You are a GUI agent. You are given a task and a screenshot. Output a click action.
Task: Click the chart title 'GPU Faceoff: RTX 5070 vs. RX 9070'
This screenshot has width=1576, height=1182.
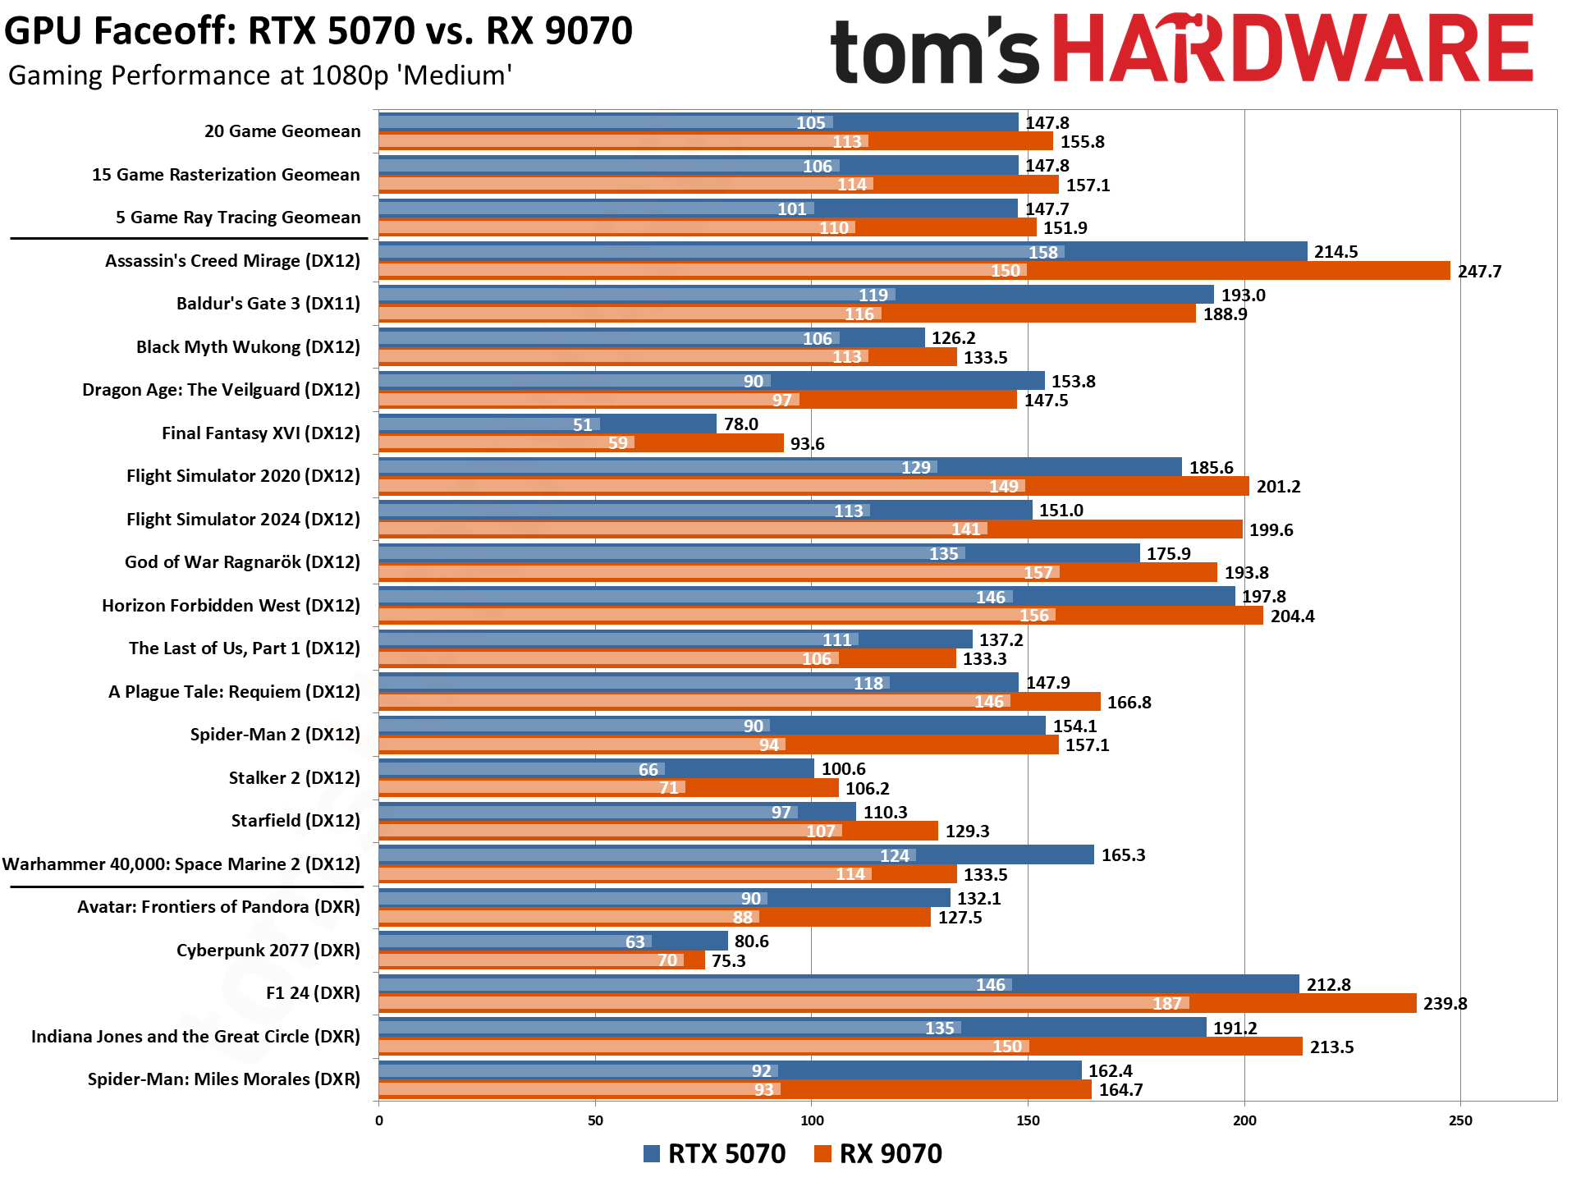[318, 31]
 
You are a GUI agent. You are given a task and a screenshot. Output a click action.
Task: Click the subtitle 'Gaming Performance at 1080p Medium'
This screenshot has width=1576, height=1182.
[260, 76]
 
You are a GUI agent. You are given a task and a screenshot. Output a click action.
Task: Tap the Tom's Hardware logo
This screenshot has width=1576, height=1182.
[1181, 49]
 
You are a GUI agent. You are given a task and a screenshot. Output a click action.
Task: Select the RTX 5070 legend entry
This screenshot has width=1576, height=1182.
[715, 1153]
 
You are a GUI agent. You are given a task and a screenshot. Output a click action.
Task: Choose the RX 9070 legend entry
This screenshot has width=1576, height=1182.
[879, 1153]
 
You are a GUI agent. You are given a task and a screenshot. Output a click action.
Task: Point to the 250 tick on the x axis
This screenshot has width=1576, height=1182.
[1460, 1120]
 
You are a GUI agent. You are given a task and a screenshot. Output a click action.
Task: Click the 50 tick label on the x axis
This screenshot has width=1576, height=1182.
[595, 1120]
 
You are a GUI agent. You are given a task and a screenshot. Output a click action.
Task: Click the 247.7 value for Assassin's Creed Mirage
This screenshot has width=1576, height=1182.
[1479, 272]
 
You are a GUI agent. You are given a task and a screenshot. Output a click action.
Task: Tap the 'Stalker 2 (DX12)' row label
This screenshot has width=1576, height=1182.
[294, 777]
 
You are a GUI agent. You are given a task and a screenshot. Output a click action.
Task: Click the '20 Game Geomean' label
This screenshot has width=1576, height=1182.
[282, 131]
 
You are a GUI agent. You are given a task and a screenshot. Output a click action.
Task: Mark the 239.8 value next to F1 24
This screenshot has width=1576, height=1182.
[1445, 1004]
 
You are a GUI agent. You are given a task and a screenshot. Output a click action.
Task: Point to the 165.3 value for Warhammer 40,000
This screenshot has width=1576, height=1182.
[1123, 855]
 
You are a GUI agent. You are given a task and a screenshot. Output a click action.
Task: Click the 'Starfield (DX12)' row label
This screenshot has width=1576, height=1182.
[295, 821]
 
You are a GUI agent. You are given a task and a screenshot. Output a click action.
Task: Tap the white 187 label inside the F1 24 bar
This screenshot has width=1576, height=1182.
[1166, 1004]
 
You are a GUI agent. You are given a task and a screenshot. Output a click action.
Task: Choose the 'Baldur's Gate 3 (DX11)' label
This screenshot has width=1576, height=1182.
[268, 304]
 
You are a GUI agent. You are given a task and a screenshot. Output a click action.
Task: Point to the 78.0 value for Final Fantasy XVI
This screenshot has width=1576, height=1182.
[740, 424]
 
